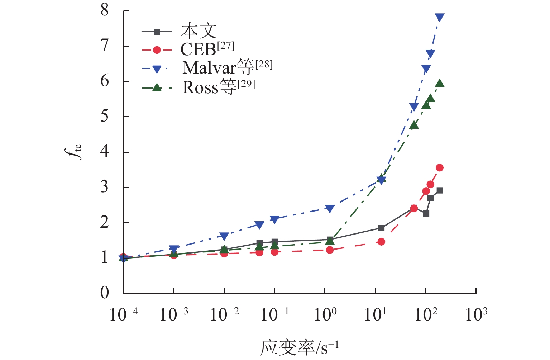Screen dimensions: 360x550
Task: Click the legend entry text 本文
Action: coord(199,31)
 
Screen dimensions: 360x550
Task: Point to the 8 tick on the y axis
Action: coord(104,10)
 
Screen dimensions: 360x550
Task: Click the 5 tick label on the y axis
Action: coord(104,117)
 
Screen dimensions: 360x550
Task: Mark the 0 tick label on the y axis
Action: coord(104,293)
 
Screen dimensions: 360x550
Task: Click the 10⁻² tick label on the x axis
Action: coord(224,315)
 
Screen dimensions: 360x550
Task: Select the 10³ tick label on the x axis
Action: coord(476,315)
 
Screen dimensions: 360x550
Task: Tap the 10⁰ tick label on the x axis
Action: coord(325,315)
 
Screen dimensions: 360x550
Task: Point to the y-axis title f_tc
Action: coord(76,152)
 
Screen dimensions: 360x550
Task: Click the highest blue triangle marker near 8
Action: coord(440,17)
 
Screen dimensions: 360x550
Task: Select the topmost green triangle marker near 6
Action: coord(440,84)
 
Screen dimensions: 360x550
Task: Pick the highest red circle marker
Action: coord(440,168)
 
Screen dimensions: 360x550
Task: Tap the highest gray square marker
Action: coord(440,190)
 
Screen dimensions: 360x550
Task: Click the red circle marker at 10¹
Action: coord(381,242)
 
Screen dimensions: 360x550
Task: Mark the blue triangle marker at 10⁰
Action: coord(330,209)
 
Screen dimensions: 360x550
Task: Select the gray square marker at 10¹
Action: coord(381,228)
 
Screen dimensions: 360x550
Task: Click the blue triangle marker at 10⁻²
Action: coord(224,236)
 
